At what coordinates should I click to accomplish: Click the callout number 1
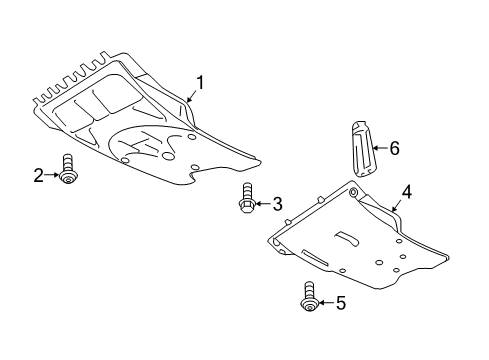[199, 82]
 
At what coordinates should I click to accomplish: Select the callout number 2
[39, 175]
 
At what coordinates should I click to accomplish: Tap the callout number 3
[277, 204]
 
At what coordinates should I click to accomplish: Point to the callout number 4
[406, 192]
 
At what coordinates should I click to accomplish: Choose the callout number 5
[341, 303]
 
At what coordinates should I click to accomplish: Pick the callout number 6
[394, 148]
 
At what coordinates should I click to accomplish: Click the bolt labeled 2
[68, 169]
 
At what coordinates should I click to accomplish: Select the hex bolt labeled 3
[246, 198]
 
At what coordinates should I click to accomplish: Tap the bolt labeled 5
[309, 297]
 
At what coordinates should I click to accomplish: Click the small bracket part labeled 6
[363, 149]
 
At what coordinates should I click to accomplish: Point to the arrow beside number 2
[52, 175]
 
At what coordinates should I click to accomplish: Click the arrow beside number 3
[262, 203]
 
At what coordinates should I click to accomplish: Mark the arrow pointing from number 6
[380, 147]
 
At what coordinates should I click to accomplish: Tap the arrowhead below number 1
[189, 99]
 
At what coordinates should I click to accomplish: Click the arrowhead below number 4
[394, 209]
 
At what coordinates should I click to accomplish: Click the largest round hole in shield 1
[168, 156]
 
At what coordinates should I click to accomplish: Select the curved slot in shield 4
[347, 238]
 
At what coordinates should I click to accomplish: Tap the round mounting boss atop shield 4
[353, 193]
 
